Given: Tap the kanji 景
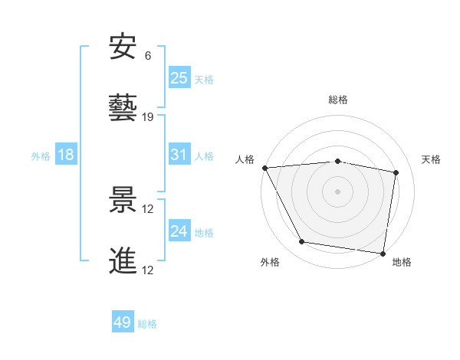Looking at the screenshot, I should [x=123, y=201].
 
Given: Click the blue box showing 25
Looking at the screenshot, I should [x=179, y=77].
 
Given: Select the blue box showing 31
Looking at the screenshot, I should [x=179, y=154].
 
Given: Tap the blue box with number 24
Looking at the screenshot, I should [x=179, y=231].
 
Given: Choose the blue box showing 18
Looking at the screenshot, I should [x=66, y=155].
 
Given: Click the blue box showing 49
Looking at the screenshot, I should [x=123, y=322].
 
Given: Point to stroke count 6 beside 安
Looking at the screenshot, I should [x=148, y=56].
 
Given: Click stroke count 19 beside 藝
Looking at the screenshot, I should [x=148, y=116].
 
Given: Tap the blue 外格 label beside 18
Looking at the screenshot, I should [x=41, y=155].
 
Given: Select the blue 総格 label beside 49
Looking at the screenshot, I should [x=147, y=324].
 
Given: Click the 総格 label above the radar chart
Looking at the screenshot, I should [x=338, y=100].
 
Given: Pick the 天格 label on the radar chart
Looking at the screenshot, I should [x=432, y=159].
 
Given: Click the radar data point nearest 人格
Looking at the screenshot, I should [x=264, y=168].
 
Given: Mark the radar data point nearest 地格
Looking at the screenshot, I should [x=383, y=252].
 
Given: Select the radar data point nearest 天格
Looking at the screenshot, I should [x=396, y=173].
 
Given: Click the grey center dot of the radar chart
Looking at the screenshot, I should [x=338, y=191].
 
